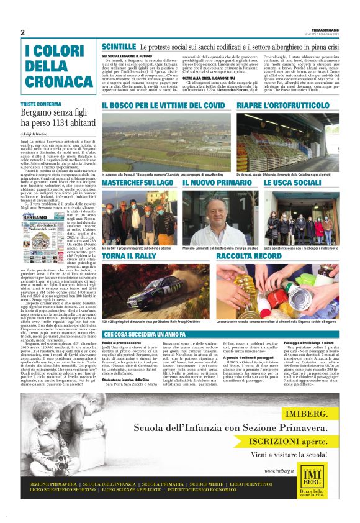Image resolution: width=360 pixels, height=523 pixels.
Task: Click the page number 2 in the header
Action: tap(22, 32)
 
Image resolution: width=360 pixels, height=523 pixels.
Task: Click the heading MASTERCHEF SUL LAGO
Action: tap(137, 183)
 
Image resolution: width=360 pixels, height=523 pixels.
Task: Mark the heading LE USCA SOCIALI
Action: tap(292, 183)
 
